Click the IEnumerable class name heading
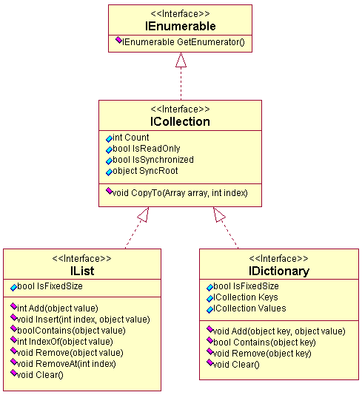(180, 26)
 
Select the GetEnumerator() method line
(180, 41)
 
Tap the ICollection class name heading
(180, 121)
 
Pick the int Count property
(127, 138)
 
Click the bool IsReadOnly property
(143, 149)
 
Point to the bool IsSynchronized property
(150, 160)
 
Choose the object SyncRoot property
(142, 171)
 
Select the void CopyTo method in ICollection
(177, 193)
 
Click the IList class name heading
(82, 271)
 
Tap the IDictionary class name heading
(279, 271)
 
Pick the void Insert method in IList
(80, 319)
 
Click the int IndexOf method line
(61, 341)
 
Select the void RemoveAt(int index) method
(63, 363)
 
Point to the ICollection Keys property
(242, 297)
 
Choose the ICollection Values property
(246, 308)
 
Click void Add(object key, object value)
(276, 331)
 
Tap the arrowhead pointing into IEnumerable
(181, 60)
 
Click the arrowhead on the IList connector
(144, 215)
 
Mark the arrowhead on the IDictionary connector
(218, 215)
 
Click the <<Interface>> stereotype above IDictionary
(278, 258)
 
